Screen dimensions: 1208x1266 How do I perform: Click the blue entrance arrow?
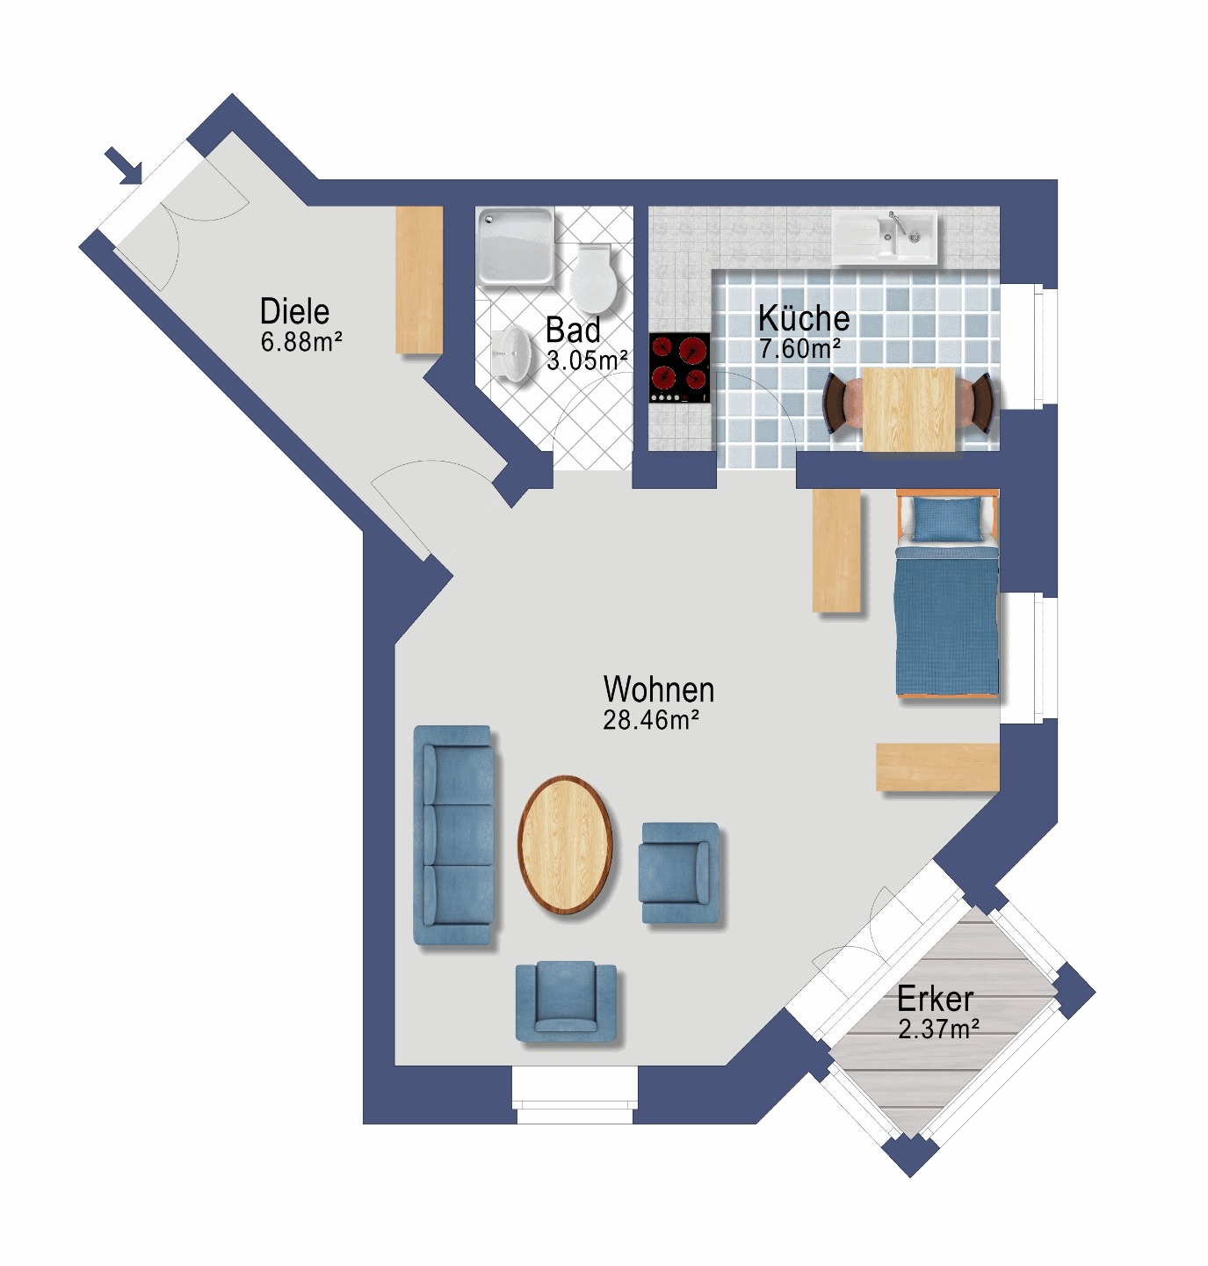click(x=124, y=165)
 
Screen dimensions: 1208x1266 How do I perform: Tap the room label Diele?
click(x=294, y=311)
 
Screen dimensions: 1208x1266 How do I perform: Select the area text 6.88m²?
click(x=301, y=341)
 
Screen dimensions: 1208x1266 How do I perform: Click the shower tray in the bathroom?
click(x=516, y=246)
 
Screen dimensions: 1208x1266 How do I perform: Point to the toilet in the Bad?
click(x=594, y=279)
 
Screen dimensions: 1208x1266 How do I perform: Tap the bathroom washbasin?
click(x=511, y=353)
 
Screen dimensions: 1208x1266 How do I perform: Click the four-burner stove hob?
click(x=679, y=367)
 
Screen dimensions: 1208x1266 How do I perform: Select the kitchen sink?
click(x=885, y=236)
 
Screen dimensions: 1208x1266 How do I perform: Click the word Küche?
click(x=804, y=319)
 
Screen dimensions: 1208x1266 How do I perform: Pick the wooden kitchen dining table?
click(x=909, y=409)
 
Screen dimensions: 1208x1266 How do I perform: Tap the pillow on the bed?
click(x=947, y=519)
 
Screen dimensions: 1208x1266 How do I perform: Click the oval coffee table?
click(x=565, y=845)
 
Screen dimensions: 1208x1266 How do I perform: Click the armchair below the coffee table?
click(x=566, y=1002)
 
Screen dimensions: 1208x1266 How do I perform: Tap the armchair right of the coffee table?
click(x=679, y=872)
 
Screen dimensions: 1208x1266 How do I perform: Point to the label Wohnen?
click(x=659, y=689)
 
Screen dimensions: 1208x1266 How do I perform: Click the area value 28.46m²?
click(x=651, y=720)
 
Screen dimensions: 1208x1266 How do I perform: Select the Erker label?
click(x=935, y=999)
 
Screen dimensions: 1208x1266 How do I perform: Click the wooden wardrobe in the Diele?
click(x=419, y=280)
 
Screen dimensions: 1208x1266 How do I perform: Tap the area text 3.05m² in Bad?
click(x=587, y=360)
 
